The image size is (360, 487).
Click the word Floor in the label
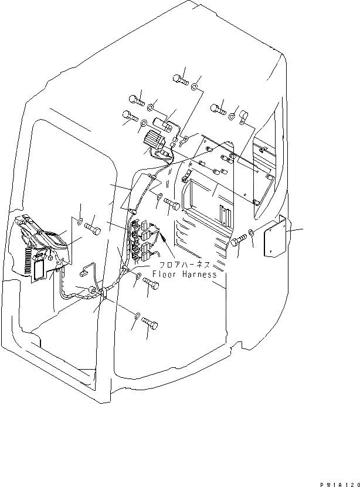165,274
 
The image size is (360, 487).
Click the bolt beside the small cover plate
239,241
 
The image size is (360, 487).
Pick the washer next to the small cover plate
251,232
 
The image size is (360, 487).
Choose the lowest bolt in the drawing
150,323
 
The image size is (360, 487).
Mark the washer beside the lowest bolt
136,317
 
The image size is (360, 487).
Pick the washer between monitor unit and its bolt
79,221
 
